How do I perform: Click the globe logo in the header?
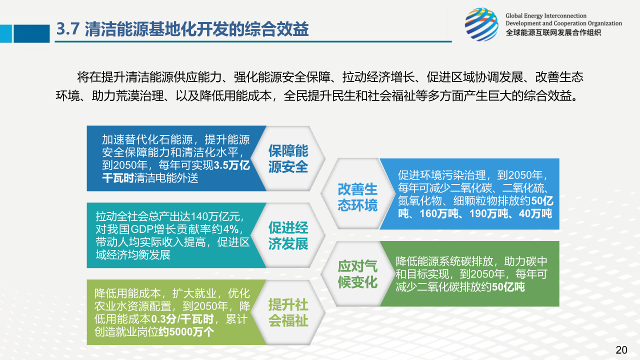481,24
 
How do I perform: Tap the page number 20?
621,349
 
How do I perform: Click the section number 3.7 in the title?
67,29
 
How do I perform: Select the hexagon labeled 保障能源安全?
288,158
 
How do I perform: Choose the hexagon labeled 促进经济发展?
288,235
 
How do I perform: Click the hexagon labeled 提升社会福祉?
288,312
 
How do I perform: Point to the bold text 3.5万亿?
231,165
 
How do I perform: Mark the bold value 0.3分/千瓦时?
182,319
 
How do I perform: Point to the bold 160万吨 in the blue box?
439,213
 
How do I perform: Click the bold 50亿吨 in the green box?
508,287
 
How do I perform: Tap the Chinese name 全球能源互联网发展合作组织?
553,32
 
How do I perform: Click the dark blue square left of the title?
31,33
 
